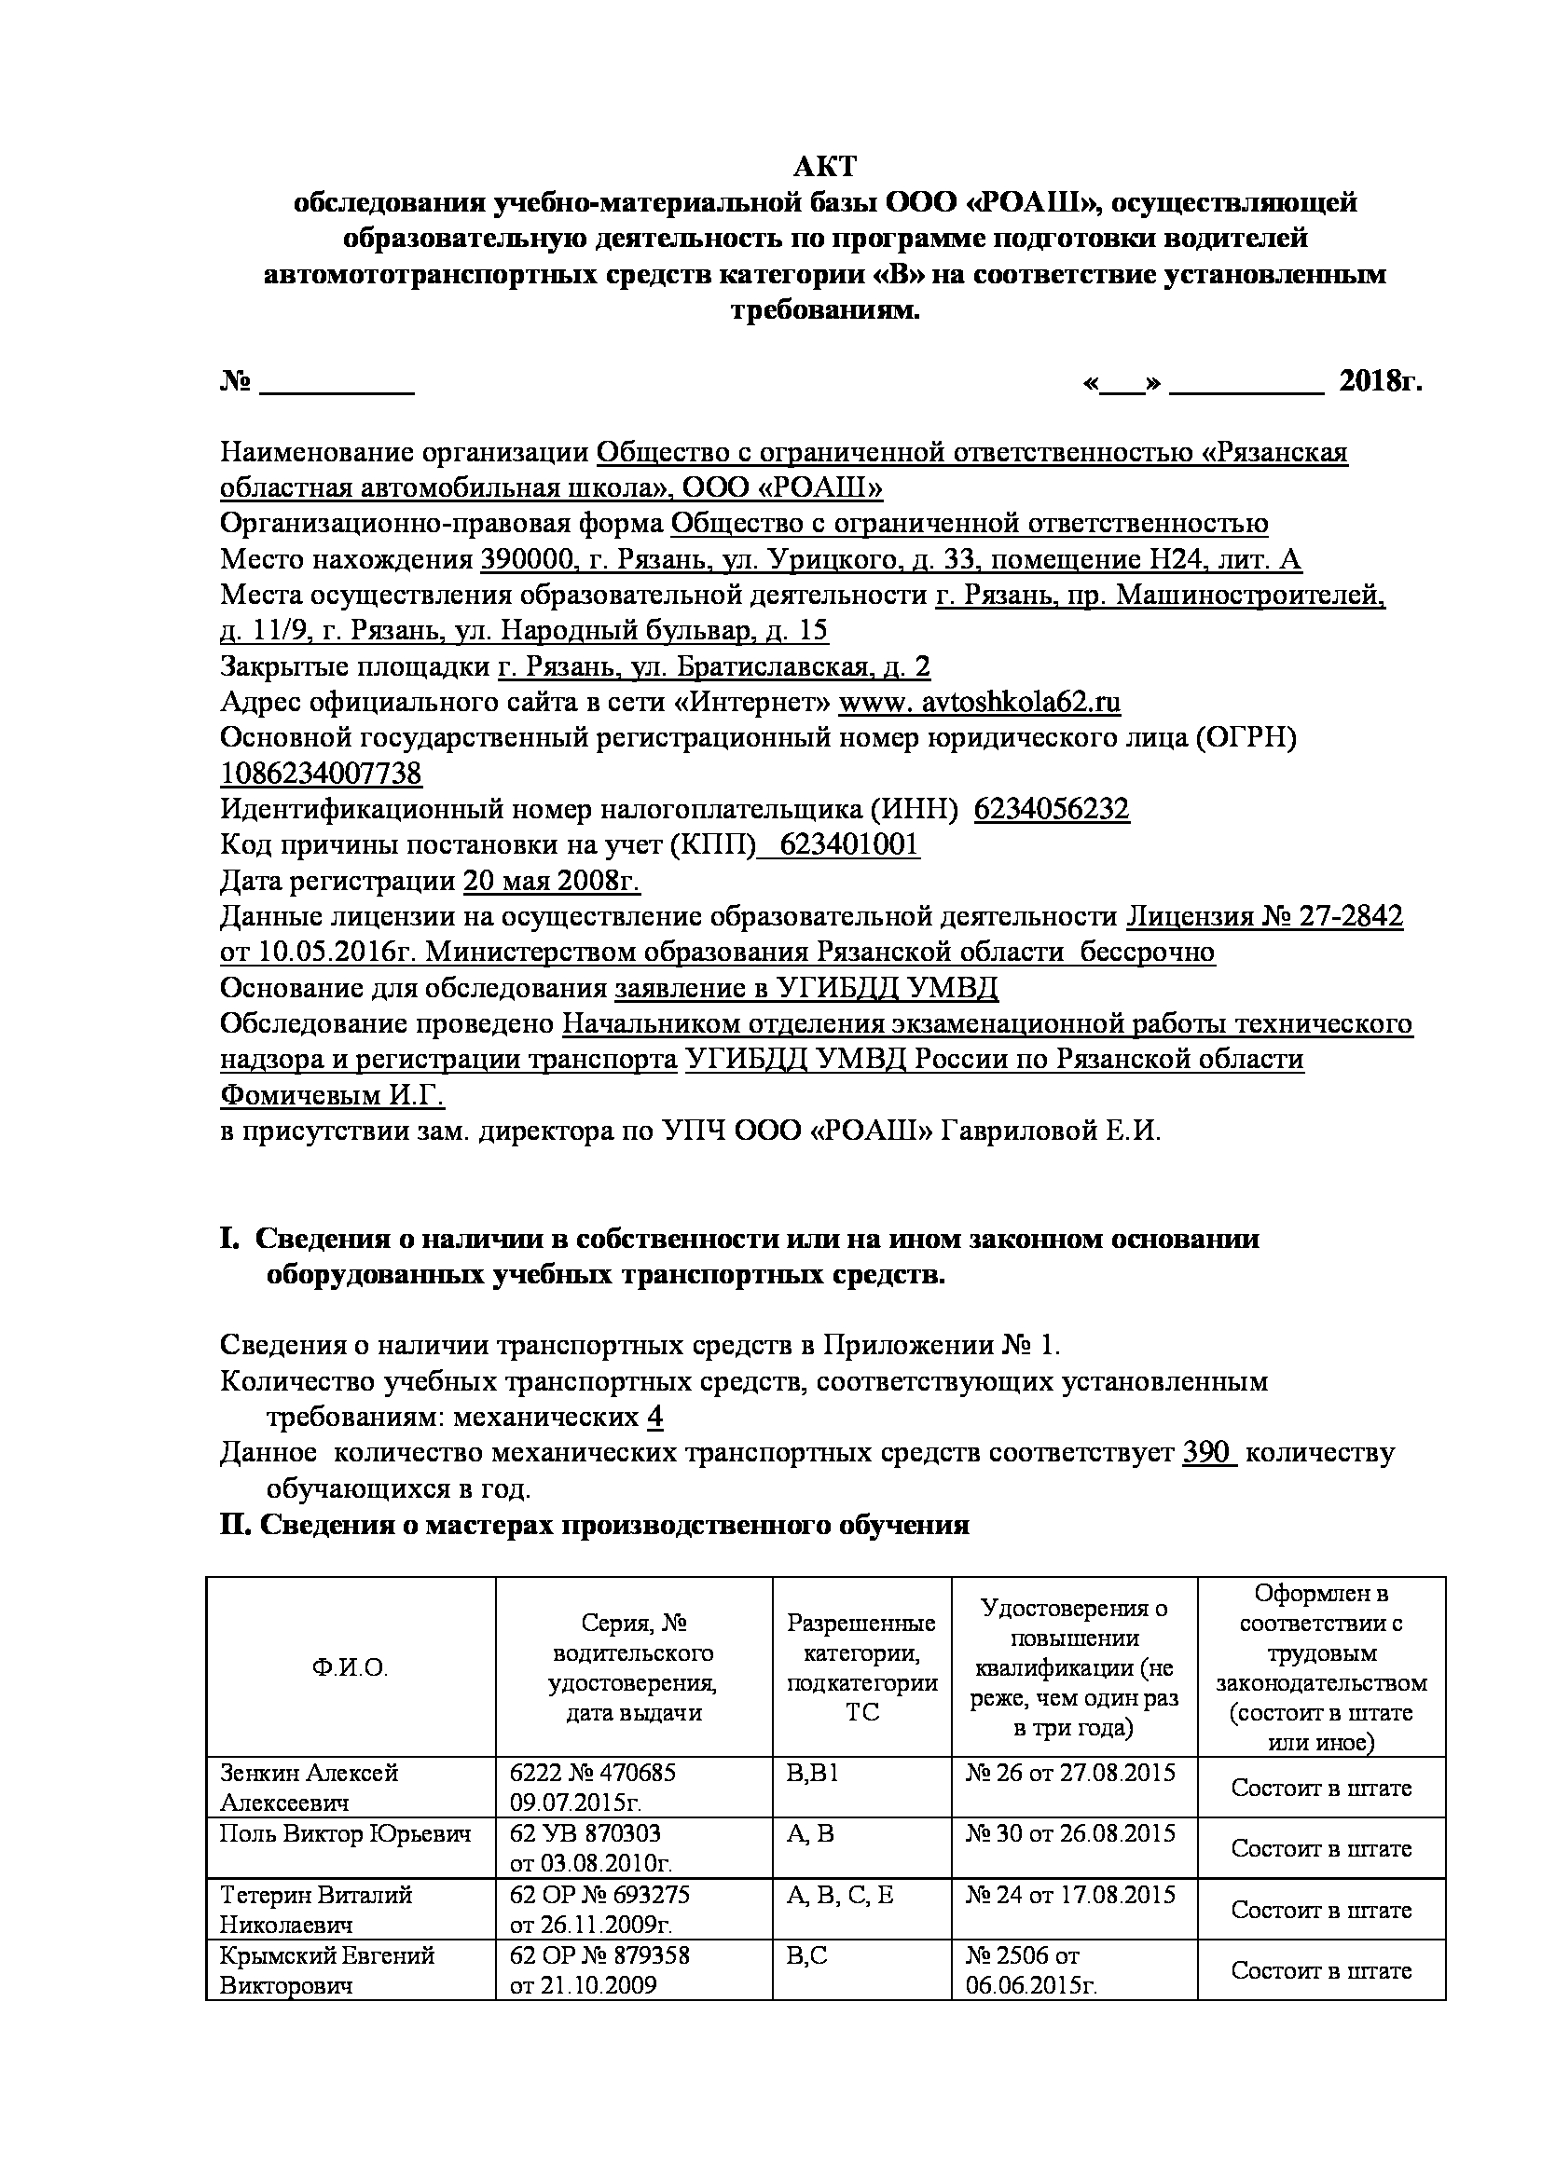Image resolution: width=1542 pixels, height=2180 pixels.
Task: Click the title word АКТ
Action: [x=824, y=167]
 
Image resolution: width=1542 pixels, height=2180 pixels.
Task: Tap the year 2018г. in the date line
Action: [x=1381, y=382]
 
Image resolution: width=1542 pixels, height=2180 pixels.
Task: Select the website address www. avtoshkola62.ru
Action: [x=980, y=703]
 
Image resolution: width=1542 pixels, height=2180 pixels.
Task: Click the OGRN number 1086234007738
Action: [x=321, y=775]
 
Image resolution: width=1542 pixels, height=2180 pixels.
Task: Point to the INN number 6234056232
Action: [x=1052, y=810]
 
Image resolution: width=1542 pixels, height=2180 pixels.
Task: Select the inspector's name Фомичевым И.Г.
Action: [x=332, y=1096]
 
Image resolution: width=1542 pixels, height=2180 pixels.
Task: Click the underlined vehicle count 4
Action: [x=655, y=1418]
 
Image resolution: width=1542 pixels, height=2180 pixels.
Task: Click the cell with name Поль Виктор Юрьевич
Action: [x=346, y=1833]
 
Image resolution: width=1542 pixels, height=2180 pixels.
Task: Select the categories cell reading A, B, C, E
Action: [x=840, y=1895]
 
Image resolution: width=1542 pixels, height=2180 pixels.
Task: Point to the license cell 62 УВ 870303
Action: [x=585, y=1833]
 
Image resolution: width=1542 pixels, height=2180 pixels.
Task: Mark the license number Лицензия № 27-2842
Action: [x=1265, y=917]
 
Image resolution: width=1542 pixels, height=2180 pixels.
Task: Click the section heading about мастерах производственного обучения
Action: [x=595, y=1526]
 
